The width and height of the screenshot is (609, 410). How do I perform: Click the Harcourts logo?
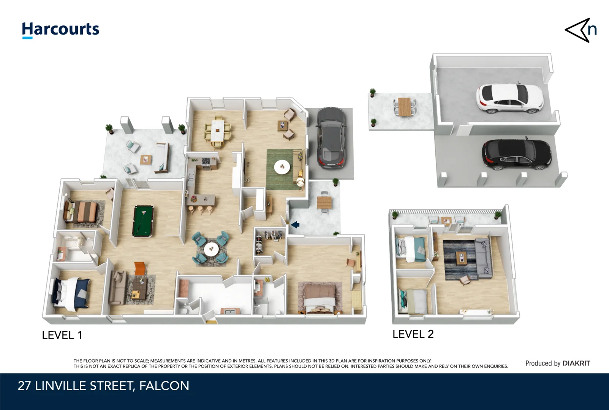tap(61, 30)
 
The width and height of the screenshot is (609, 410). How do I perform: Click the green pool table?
tap(143, 221)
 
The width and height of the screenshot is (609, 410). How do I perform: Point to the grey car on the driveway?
tap(332, 138)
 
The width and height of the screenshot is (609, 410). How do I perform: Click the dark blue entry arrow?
tap(295, 225)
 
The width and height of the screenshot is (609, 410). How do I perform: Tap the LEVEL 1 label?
tap(62, 335)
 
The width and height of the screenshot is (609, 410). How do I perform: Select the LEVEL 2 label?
tap(413, 334)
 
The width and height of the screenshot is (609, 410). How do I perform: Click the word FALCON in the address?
tap(164, 386)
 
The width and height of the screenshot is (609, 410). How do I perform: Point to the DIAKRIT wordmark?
tap(576, 363)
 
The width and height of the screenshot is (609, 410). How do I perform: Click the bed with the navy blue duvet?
tap(71, 294)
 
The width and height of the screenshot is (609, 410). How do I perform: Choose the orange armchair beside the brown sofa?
tap(140, 268)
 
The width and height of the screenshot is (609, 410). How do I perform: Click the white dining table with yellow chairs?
tap(217, 131)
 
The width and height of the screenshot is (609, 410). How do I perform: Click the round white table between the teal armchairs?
tap(211, 249)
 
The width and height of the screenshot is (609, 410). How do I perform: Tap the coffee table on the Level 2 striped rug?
tap(461, 257)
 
